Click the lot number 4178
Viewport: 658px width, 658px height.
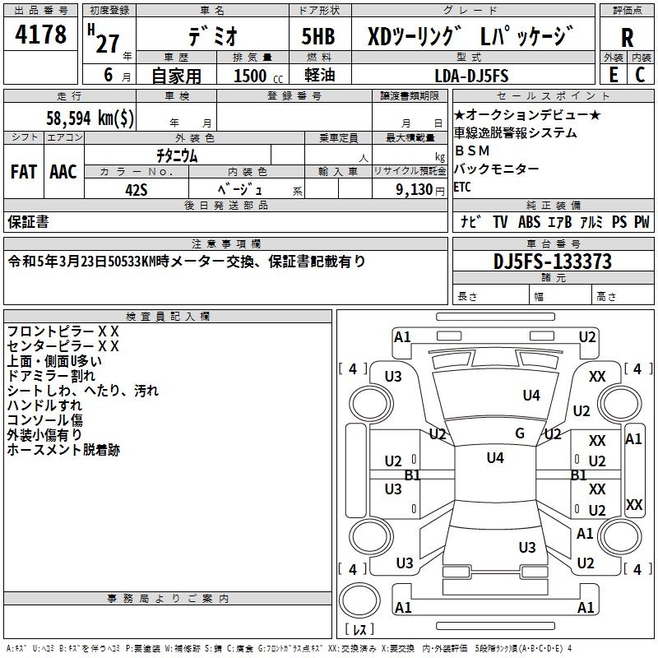pos(41,35)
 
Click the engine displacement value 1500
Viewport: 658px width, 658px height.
pos(250,76)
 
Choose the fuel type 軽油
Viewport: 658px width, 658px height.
pos(318,76)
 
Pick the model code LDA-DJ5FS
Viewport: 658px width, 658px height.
pos(471,76)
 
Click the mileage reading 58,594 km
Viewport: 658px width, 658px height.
pos(91,118)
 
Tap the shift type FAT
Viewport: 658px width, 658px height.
pos(23,171)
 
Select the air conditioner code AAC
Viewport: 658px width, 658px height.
pos(63,171)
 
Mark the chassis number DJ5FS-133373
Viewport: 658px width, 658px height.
pos(552,262)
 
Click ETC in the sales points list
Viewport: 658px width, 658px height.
pos(463,187)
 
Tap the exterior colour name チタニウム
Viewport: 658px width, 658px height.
pos(177,154)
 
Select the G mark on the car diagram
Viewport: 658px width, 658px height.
pos(520,433)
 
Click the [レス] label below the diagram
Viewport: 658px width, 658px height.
pos(359,631)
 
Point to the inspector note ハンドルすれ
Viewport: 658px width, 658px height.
pos(44,405)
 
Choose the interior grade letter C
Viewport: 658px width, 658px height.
pos(640,75)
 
